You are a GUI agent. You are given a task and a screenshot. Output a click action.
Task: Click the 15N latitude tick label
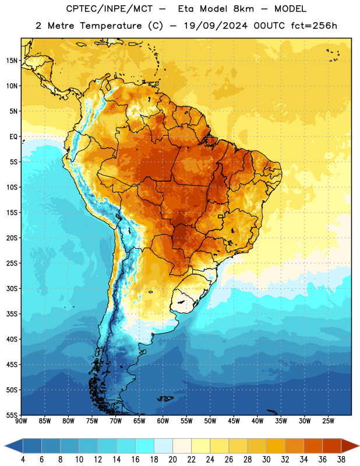coord(12,61)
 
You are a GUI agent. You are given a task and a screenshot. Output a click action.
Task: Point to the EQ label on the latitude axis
coord(13,137)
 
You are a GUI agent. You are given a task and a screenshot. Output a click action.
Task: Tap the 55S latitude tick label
coord(12,415)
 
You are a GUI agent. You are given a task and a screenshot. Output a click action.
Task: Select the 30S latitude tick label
coord(12,288)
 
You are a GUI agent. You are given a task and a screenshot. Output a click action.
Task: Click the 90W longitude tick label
coord(21,421)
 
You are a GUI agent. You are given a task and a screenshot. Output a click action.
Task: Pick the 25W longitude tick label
coord(328,421)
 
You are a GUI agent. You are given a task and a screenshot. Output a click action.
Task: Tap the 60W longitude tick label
coord(163,421)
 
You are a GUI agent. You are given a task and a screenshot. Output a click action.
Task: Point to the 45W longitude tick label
coord(234,421)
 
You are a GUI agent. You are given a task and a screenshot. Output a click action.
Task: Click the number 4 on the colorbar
coord(23,460)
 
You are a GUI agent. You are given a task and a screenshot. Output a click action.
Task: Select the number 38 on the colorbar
coord(341,460)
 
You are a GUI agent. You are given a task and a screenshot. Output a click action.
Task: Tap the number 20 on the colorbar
coord(172,460)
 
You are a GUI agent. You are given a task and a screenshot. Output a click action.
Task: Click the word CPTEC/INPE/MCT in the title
coord(109,9)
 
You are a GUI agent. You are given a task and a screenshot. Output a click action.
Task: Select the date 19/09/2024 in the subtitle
coord(216,26)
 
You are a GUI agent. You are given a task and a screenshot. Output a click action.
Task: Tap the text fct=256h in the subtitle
coord(314,26)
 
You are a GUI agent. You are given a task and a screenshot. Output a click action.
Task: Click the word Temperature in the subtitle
coord(111,26)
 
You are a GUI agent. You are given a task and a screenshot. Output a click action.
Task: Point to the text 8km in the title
coord(243,9)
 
